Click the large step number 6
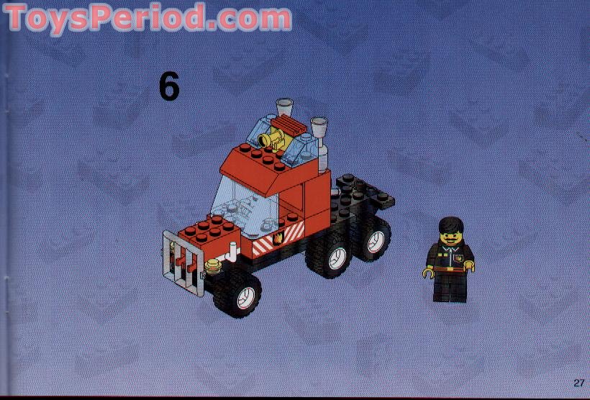tap(169, 87)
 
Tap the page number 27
tap(578, 382)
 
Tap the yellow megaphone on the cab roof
tap(273, 136)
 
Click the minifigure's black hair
tap(451, 224)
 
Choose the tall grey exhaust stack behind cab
tap(319, 144)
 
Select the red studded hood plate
tap(209, 230)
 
